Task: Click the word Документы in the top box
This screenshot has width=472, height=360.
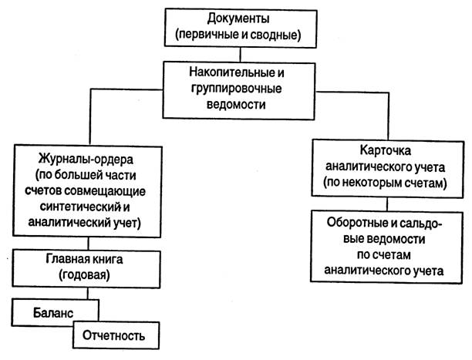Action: point(238,19)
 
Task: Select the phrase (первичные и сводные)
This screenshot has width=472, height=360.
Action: point(238,35)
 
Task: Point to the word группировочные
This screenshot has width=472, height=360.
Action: point(236,89)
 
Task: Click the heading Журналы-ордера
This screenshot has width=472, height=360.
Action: point(86,159)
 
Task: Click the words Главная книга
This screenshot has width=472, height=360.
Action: point(84,259)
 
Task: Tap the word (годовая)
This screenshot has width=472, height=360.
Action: point(84,274)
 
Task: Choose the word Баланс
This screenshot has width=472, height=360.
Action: point(53,313)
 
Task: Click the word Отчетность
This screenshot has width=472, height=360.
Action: point(114,335)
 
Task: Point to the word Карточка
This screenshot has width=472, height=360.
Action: point(386,150)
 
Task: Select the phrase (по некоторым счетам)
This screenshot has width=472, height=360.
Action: point(386,183)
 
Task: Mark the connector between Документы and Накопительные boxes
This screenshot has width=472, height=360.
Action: point(240,55)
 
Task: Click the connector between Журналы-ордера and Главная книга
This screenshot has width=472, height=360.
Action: point(88,244)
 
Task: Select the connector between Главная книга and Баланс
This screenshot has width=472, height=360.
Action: point(88,294)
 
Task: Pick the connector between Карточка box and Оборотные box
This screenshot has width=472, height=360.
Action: point(387,204)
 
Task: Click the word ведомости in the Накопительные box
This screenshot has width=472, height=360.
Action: point(236,104)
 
